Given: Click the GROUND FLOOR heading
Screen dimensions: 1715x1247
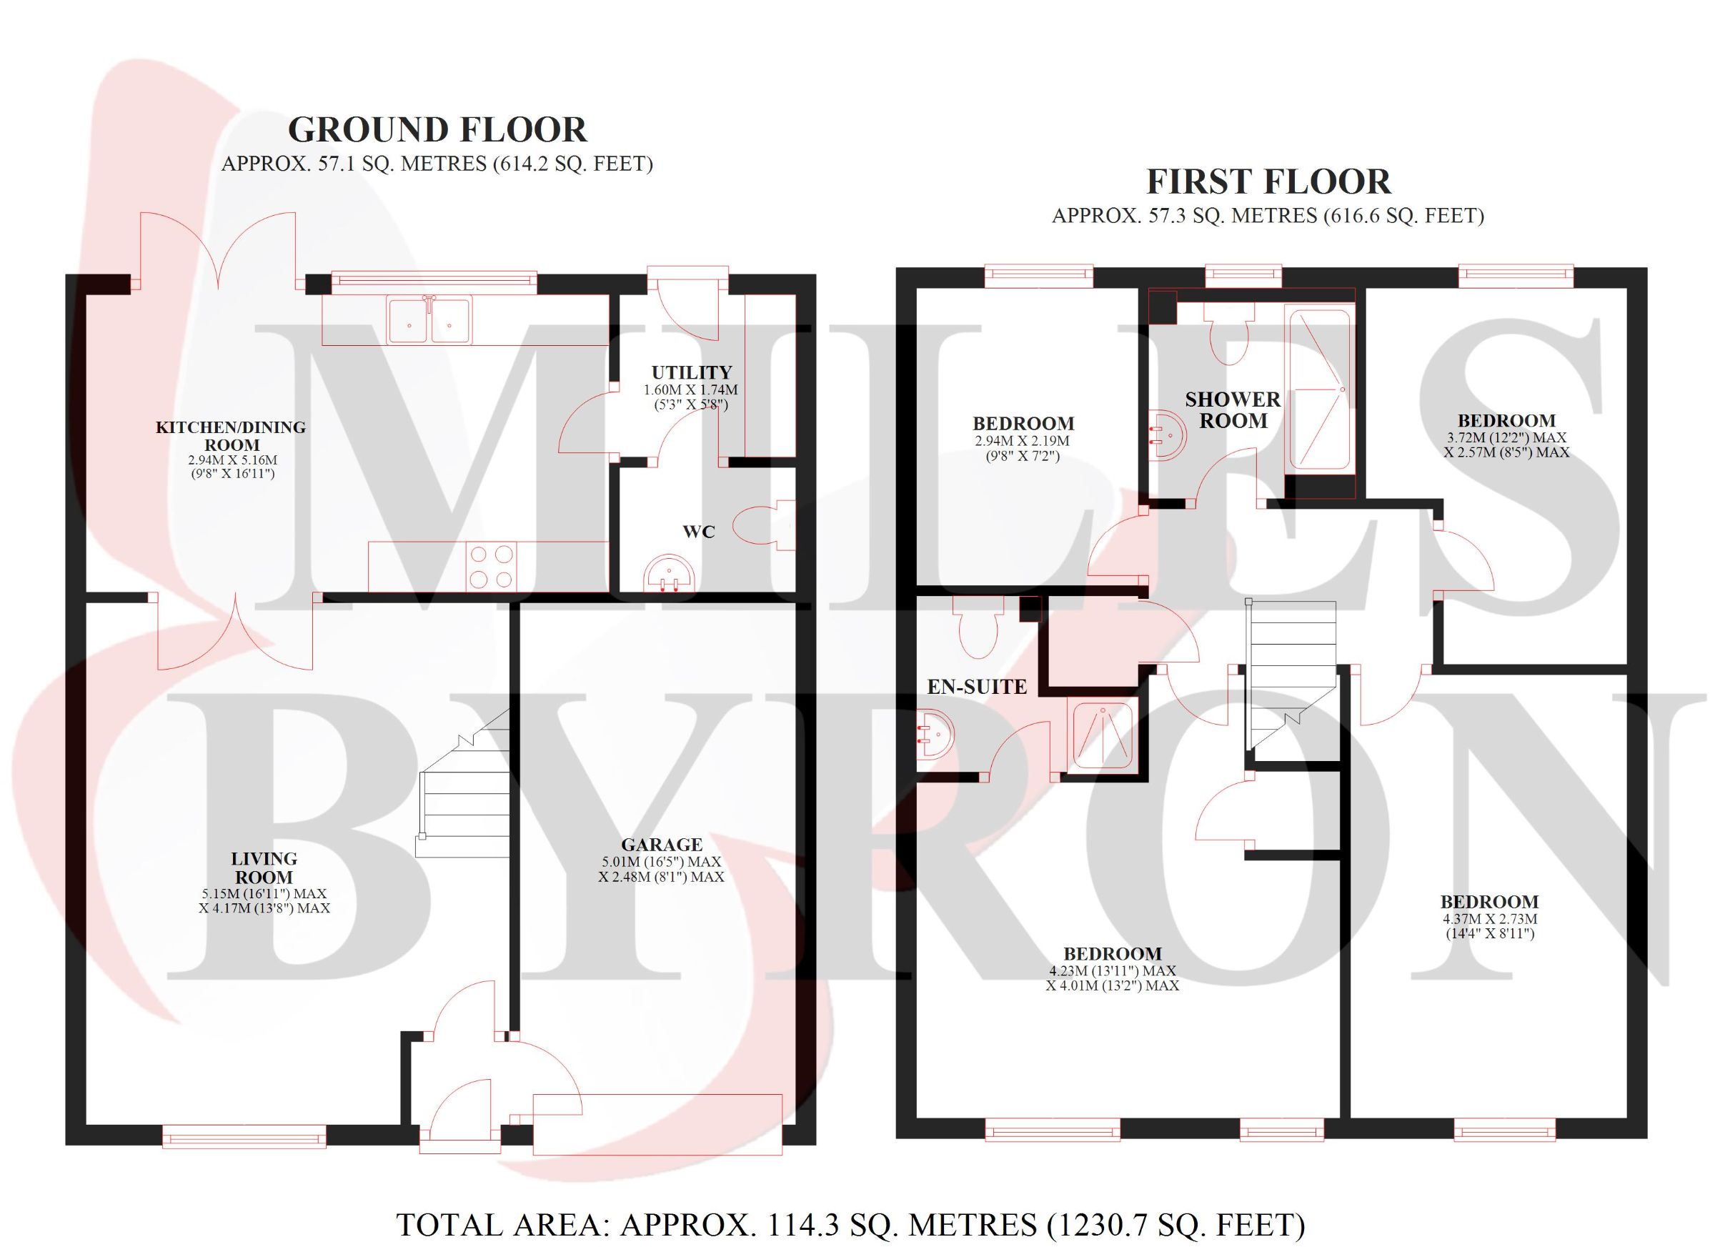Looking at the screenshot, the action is pos(437,130).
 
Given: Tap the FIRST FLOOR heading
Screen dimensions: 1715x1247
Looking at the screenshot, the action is pos(1268,182).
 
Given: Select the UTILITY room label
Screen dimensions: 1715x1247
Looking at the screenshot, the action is pos(692,372).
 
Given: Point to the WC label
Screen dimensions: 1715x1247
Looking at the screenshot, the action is pos(699,532).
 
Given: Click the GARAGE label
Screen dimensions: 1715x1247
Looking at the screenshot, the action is pos(662,845).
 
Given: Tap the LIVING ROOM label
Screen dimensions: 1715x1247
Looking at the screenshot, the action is pos(264,868).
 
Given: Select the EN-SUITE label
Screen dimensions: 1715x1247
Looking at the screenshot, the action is pos(977,687).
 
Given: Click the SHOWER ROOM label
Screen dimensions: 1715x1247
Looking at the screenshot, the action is pos(1233,410).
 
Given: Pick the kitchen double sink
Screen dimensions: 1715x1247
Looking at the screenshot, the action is pos(429,320).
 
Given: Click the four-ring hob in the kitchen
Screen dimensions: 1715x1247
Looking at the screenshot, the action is pos(489,567).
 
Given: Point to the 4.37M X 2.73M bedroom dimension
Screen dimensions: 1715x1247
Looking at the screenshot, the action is pos(1489,926).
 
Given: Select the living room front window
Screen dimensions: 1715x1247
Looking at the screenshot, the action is pos(244,1136).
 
